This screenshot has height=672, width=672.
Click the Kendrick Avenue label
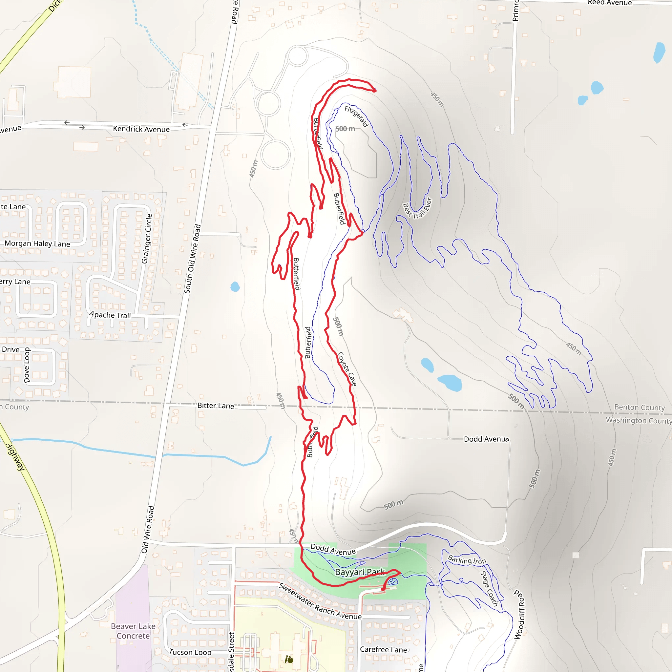[141, 129]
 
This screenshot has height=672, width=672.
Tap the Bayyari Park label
[360, 572]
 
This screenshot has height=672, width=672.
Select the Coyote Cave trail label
[347, 369]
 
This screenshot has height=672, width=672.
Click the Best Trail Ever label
[417, 209]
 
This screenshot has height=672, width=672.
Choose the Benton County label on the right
[639, 407]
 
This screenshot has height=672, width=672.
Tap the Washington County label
[639, 421]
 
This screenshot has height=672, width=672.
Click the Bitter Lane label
[216, 406]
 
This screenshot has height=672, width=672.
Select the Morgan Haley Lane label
[37, 243]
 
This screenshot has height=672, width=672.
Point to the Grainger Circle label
[147, 239]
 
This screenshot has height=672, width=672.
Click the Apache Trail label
[110, 315]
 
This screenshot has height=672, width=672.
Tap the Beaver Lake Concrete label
[133, 631]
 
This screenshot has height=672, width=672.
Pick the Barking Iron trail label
[467, 560]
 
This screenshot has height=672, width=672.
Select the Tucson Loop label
[190, 652]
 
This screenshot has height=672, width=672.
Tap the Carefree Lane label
[383, 649]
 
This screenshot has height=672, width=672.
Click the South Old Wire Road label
[192, 259]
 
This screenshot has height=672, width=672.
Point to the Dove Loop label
[27, 365]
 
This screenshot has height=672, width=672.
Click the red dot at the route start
[383, 589]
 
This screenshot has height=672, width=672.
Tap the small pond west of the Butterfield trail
[235, 287]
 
